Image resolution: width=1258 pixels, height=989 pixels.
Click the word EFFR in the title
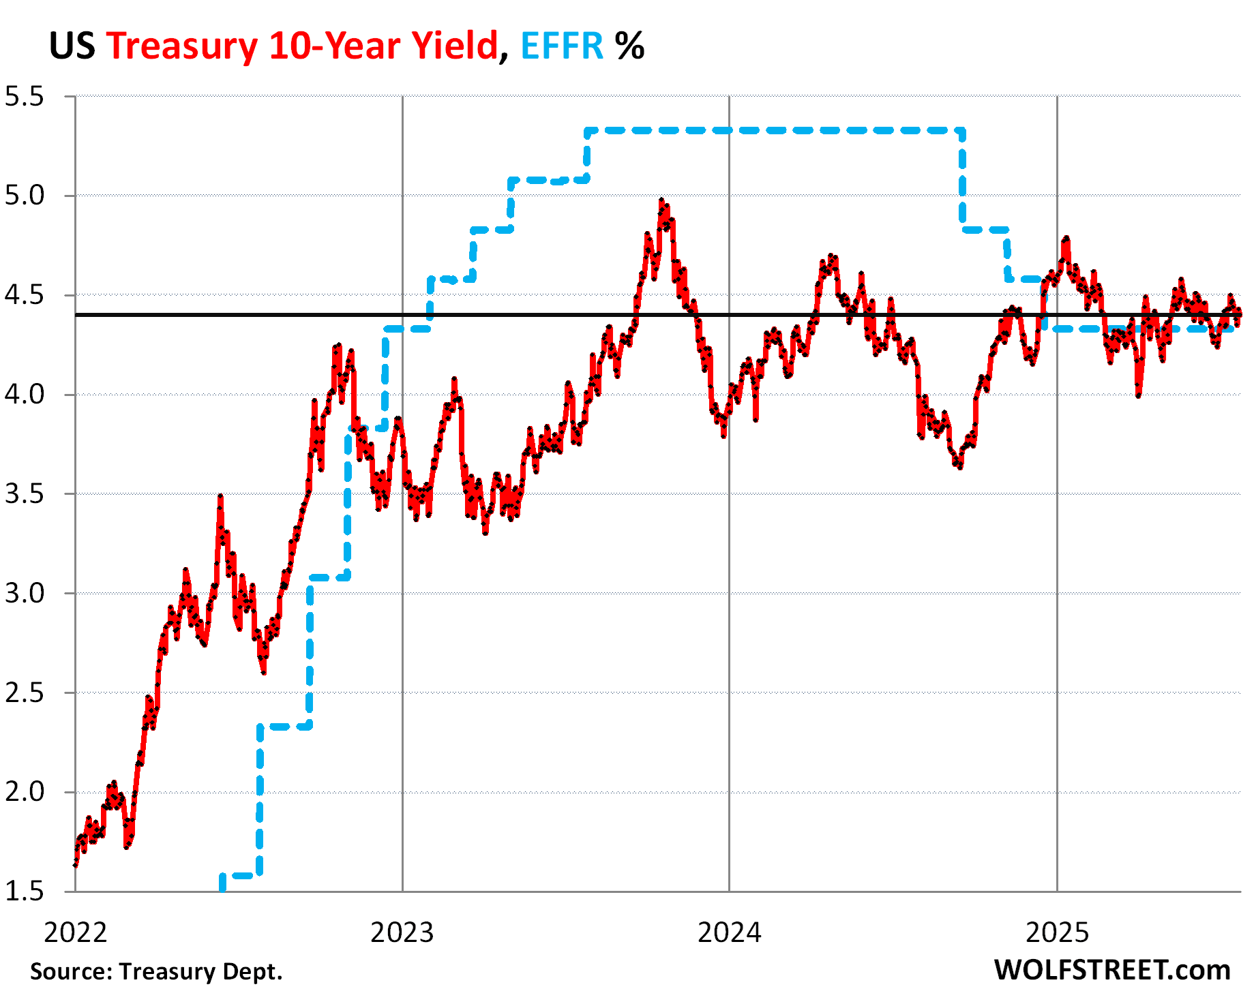(x=562, y=46)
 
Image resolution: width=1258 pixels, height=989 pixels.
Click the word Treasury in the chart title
(x=181, y=46)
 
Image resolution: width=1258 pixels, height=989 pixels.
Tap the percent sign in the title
(x=629, y=46)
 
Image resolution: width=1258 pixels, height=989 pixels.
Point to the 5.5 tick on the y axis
(x=24, y=97)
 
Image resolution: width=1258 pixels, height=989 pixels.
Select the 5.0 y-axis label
(x=24, y=196)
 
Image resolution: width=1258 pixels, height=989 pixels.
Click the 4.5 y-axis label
(x=24, y=296)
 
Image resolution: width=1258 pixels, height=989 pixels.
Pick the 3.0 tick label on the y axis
(x=24, y=594)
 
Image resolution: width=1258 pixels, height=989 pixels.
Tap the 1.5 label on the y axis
(x=24, y=892)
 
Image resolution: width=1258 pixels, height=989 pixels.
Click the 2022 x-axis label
(x=75, y=932)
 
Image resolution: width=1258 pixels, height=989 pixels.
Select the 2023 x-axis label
(x=402, y=932)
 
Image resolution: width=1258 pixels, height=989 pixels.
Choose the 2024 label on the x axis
(x=729, y=932)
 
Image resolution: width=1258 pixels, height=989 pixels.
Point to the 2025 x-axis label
(x=1057, y=932)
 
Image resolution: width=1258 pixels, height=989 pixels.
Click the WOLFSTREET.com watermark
(x=1112, y=970)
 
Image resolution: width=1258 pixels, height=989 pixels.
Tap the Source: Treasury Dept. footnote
(x=156, y=971)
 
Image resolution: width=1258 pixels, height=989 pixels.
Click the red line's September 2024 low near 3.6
(x=960, y=467)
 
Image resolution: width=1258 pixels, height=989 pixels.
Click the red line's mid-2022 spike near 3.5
(x=220, y=497)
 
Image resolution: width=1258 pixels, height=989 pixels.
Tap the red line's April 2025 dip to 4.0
(x=1138, y=395)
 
